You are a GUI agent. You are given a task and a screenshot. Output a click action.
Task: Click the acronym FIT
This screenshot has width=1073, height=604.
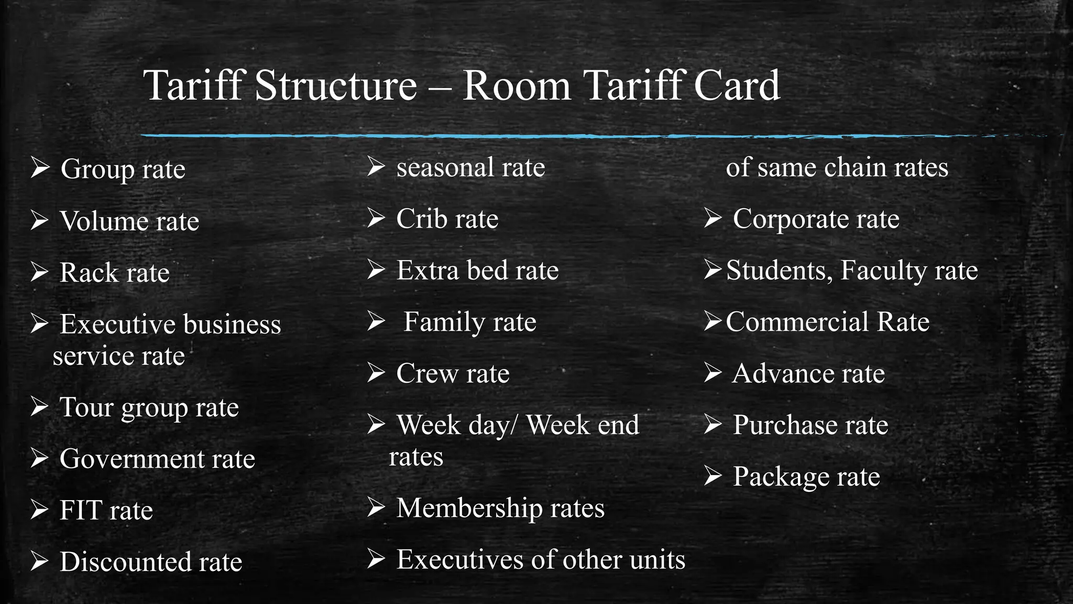click(x=81, y=510)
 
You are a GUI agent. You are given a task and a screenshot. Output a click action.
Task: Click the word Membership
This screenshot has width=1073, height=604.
click(x=469, y=508)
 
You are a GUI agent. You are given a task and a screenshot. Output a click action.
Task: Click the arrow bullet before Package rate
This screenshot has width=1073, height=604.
click(x=713, y=476)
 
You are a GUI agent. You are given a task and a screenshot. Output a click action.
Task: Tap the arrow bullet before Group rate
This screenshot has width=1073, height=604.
click(x=40, y=168)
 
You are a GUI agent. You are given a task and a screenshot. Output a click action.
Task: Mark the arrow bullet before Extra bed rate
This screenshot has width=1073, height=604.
click(x=376, y=269)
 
